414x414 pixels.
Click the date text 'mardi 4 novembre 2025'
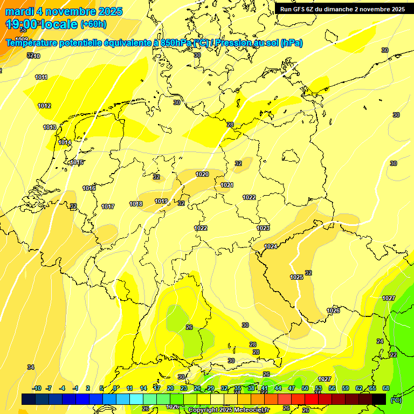64,11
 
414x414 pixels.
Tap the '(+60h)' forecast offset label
93,24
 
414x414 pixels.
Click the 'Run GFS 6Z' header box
342,9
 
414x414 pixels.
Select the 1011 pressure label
42,77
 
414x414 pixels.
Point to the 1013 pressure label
50,127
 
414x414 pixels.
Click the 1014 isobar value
65,142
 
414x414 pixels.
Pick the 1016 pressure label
89,188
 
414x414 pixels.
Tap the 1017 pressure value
108,206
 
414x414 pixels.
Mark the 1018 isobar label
136,204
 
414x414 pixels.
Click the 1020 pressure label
202,174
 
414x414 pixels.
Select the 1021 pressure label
227,185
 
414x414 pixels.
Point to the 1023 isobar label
263,228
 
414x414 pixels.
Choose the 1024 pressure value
271,246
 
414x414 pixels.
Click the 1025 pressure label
296,277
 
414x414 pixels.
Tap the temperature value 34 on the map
31,367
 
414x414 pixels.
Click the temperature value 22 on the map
394,355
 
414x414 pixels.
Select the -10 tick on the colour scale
37,388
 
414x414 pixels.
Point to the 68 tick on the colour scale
386,388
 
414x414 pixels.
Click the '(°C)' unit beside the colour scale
396,399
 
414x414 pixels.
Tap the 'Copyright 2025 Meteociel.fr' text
229,410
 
